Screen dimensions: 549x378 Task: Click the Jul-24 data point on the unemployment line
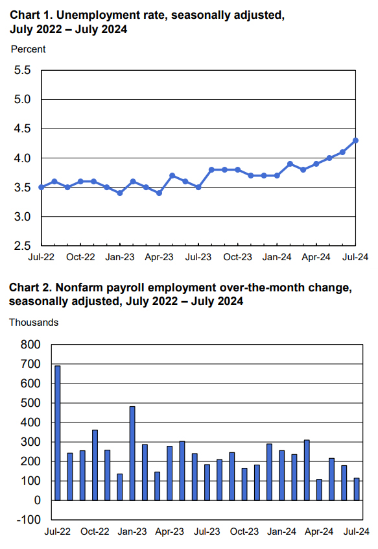point(355,140)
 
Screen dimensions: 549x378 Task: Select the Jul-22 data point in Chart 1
point(41,187)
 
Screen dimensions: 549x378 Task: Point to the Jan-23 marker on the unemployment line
point(120,193)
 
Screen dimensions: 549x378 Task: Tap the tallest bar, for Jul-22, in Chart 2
point(58,433)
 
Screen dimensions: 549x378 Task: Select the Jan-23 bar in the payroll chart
point(132,453)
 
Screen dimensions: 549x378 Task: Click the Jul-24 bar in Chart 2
point(357,489)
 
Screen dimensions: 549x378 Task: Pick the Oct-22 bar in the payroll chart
point(95,465)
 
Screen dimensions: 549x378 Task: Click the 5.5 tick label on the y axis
point(23,70)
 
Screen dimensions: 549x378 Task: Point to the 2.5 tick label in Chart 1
point(23,246)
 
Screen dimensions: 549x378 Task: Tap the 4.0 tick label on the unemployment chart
point(23,158)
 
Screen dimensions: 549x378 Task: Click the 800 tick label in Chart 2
point(30,345)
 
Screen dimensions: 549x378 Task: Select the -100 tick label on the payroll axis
point(27,520)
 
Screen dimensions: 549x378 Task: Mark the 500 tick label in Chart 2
point(30,403)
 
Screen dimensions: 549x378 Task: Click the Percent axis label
point(29,49)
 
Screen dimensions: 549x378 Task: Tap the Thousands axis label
point(34,322)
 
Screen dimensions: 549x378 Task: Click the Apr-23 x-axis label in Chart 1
point(159,257)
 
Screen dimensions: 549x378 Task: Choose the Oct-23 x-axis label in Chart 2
point(244,531)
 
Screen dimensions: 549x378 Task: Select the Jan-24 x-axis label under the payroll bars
point(281,531)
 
